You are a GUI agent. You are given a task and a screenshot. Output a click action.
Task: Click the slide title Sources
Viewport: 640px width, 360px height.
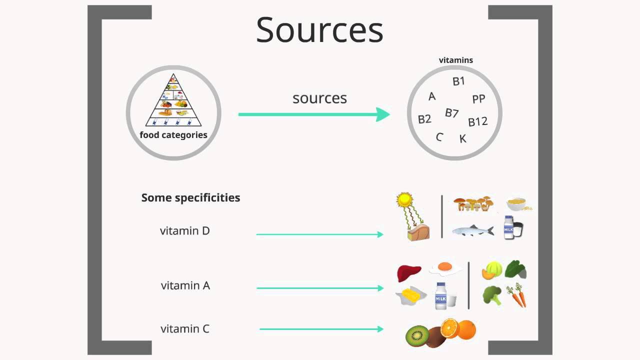319,30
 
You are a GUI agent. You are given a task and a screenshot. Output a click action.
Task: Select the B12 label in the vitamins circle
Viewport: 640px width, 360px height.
477,121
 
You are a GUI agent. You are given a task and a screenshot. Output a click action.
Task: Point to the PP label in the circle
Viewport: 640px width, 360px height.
478,99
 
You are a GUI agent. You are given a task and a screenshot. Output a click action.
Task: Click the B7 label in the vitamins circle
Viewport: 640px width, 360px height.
451,113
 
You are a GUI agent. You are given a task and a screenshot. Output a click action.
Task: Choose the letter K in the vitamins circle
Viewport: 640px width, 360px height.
462,138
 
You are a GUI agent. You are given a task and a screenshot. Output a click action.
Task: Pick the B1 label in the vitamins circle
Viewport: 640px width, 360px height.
458,81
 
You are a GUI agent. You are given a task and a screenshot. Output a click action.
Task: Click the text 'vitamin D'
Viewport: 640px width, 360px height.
184,231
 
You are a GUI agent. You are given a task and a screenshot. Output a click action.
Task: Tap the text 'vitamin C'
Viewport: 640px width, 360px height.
184,328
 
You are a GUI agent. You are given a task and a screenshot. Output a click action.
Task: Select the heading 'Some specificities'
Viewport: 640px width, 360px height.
190,197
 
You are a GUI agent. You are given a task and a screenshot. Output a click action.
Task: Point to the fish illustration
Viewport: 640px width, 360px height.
472,230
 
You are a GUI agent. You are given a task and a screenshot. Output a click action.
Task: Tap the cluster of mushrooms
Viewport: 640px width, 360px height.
473,203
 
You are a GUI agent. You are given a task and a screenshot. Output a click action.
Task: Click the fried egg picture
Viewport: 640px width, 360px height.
445,267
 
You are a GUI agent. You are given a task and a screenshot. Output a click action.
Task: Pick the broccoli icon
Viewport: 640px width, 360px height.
491,295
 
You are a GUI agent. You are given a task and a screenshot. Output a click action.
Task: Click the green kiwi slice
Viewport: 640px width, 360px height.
417,336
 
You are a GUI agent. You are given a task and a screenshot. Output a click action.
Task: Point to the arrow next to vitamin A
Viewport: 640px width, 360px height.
320,288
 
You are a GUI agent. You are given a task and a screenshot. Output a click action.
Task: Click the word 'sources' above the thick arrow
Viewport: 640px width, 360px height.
319,98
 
